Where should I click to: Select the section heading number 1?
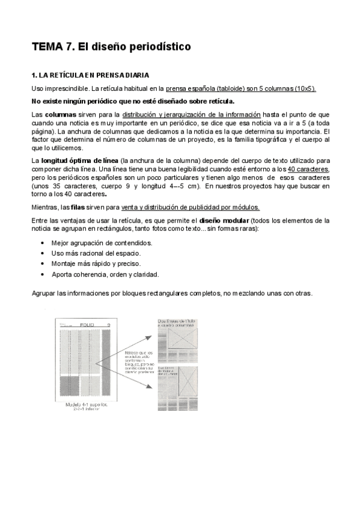pos(34,76)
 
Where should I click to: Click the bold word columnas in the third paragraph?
pos(59,114)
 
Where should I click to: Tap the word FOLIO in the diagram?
pos(88,325)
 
